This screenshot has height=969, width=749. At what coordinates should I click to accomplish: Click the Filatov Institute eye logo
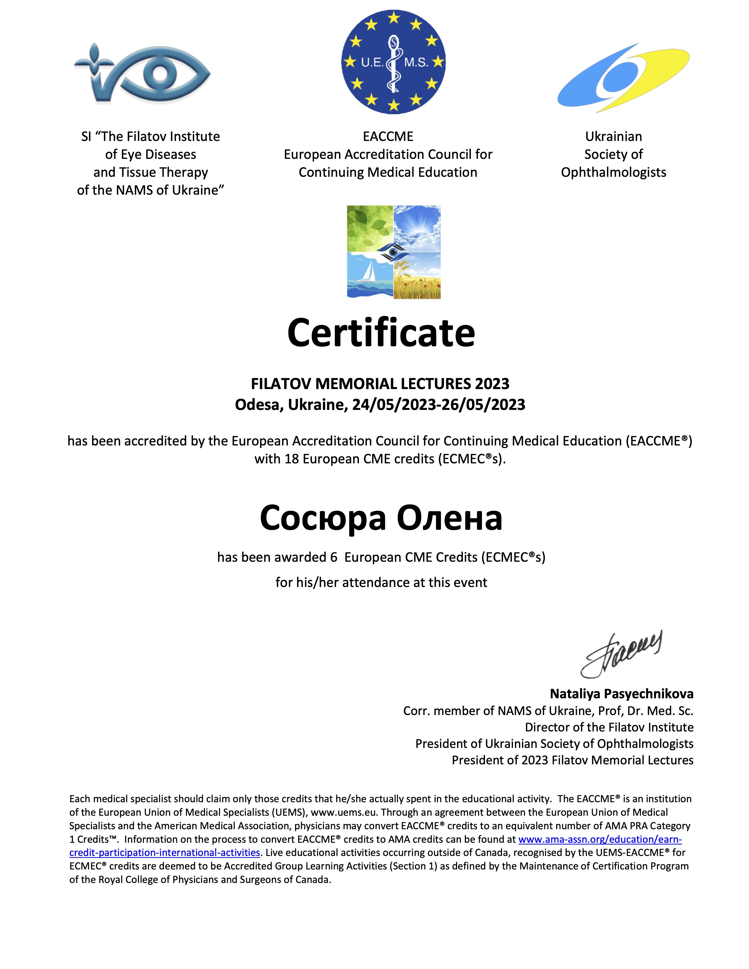click(142, 73)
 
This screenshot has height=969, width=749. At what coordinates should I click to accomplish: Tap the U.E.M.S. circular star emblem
click(393, 63)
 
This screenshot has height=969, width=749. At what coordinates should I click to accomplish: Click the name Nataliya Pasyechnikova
click(622, 694)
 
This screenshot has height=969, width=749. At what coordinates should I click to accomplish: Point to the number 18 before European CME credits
click(292, 459)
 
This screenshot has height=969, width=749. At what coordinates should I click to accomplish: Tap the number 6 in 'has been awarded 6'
click(334, 557)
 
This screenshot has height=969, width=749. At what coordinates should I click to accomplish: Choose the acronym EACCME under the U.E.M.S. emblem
click(388, 137)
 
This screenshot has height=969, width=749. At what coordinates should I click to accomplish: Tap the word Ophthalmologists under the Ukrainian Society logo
click(613, 173)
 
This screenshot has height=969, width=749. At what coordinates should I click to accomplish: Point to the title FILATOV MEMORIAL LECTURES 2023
click(380, 384)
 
